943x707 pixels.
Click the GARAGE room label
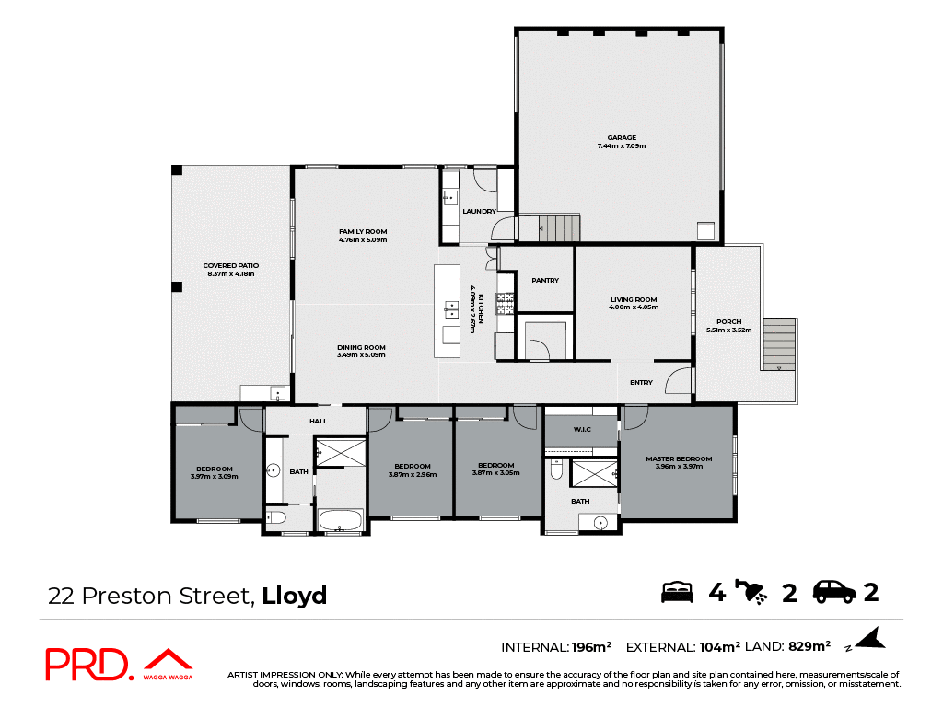(622, 138)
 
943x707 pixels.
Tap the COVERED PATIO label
(229, 265)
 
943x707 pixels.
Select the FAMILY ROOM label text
(363, 231)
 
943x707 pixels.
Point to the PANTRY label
(545, 281)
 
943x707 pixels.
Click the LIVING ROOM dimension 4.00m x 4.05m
(634, 307)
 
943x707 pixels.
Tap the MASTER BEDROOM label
(679, 458)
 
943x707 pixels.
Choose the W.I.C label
(581, 429)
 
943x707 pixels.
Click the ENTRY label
(641, 383)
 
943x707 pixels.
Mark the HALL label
(319, 421)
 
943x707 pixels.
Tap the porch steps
(779, 343)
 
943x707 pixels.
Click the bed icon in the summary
(677, 592)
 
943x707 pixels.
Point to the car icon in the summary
(834, 592)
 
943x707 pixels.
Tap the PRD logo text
(87, 665)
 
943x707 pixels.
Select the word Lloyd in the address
(295, 596)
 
